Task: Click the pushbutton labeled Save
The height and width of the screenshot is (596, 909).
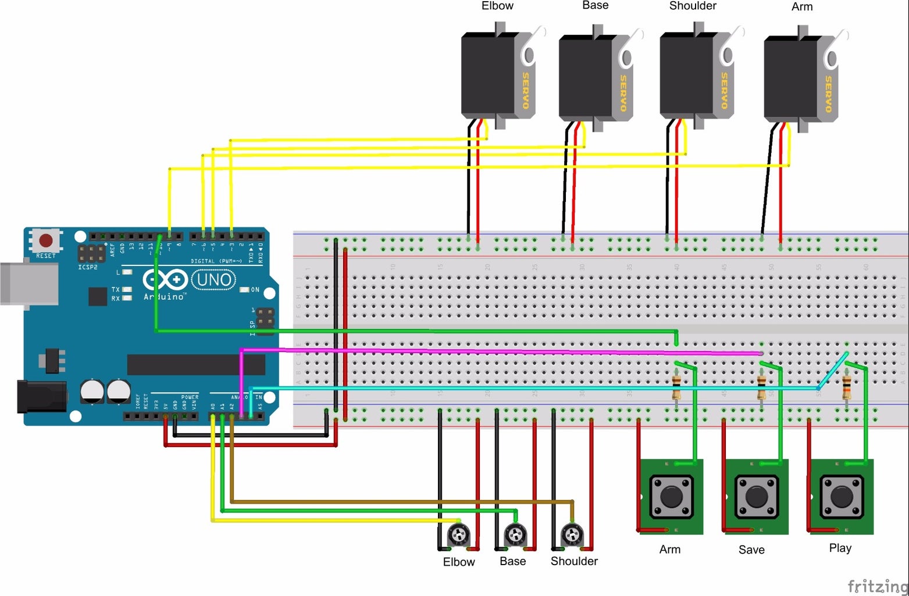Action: pos(757,496)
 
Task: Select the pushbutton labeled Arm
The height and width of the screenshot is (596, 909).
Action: pos(671,496)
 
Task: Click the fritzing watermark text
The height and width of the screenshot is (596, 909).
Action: pos(877,585)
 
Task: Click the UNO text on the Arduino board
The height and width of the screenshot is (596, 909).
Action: pos(214,280)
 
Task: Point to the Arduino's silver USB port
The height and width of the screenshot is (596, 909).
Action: pos(29,283)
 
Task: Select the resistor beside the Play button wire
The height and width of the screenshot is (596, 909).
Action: pos(846,386)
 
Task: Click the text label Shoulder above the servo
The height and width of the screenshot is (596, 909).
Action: pos(692,6)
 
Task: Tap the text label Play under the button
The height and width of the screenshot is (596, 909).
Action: pos(840,548)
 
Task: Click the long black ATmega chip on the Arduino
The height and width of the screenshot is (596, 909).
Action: pos(196,364)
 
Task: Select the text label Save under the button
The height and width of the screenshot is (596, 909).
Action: pos(751,549)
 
